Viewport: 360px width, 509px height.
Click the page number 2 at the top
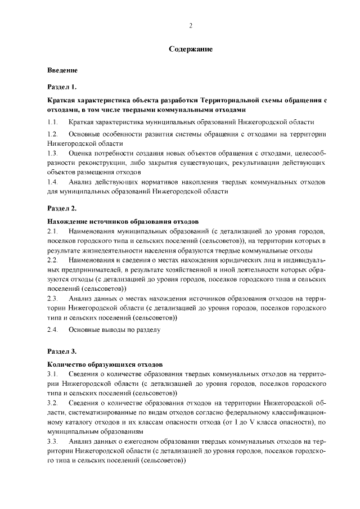pyautogui.click(x=191, y=26)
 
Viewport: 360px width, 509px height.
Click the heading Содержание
pyautogui.click(x=191, y=49)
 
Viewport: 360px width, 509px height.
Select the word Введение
pyautogui.click(x=62, y=71)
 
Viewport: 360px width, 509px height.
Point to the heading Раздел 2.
pyautogui.click(x=61, y=208)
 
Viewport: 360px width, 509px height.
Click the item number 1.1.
pyautogui.click(x=52, y=122)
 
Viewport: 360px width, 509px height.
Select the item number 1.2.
pyautogui.click(x=52, y=135)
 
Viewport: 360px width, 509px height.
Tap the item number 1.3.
pyautogui.click(x=52, y=154)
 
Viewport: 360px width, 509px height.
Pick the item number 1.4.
pyautogui.click(x=52, y=182)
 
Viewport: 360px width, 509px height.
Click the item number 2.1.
pyautogui.click(x=52, y=232)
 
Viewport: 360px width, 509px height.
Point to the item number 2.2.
pyautogui.click(x=52, y=260)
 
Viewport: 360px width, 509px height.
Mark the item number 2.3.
pyautogui.click(x=52, y=299)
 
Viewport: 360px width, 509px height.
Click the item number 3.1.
pyautogui.click(x=52, y=374)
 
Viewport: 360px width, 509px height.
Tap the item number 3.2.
pyautogui.click(x=52, y=403)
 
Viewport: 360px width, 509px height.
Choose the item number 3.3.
pyautogui.click(x=52, y=442)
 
